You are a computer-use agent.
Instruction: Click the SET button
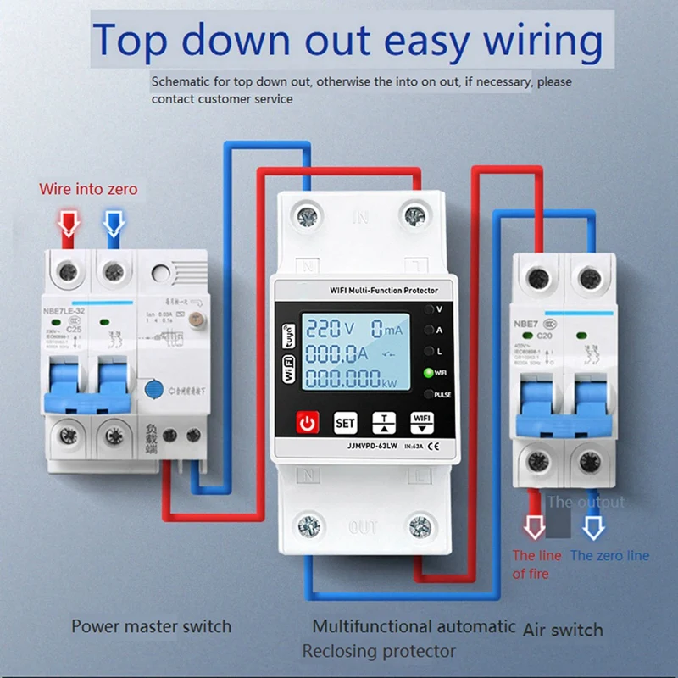pos(345,422)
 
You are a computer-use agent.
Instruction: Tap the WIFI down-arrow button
pos(420,422)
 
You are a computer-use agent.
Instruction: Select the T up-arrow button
pos(383,422)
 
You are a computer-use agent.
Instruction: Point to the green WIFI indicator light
pos(429,372)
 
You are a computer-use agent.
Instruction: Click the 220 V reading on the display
pos(334,329)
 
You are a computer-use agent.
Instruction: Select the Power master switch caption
pos(151,626)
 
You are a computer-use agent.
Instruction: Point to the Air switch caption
pos(563,629)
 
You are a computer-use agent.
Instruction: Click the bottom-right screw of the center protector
pos(418,525)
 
